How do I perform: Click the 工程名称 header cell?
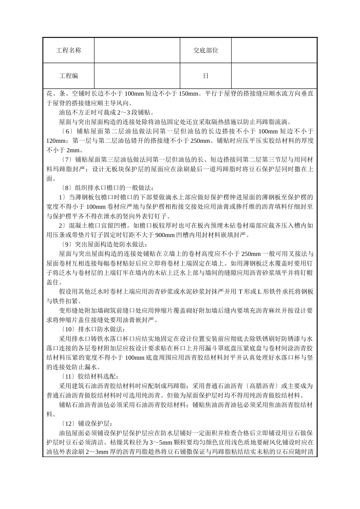coord(69,50)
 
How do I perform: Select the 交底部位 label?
coord(205,50)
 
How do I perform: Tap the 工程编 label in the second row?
coord(69,76)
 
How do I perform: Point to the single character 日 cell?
coord(205,76)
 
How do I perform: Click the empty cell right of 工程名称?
coord(137,50)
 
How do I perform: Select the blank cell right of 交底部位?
coord(274,50)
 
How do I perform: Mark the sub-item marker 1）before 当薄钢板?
coord(62,197)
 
